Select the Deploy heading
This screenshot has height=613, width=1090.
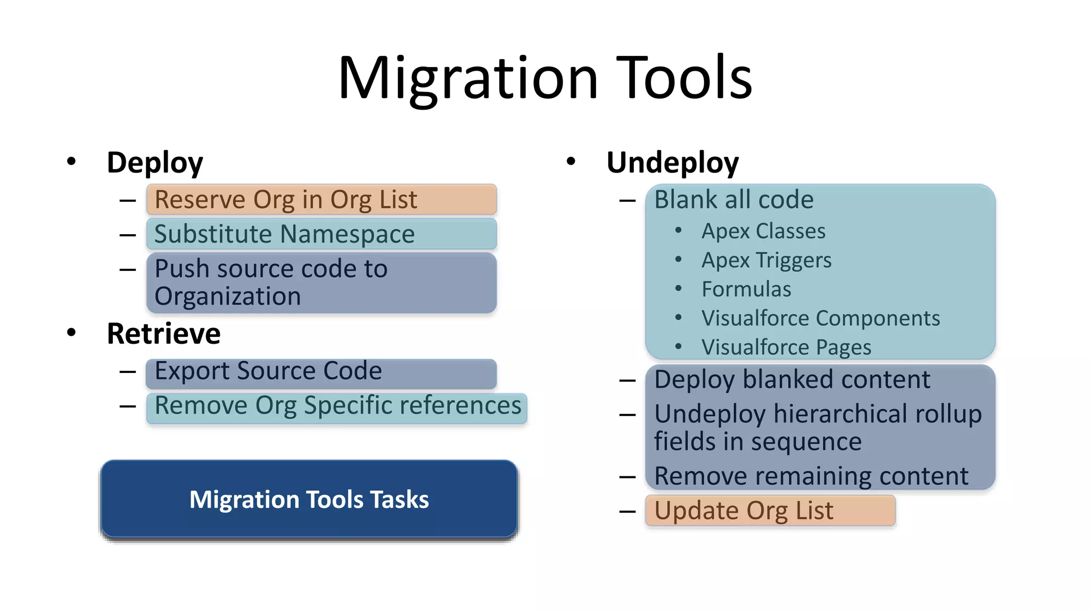[x=154, y=162]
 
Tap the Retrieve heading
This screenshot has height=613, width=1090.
[x=163, y=334]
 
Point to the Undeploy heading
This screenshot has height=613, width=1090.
[x=672, y=162]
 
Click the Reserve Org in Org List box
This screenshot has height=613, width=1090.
[x=321, y=200]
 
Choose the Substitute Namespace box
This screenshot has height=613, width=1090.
[x=321, y=234]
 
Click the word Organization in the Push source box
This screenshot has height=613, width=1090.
[x=227, y=296]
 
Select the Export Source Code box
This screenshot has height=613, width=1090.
[x=321, y=371]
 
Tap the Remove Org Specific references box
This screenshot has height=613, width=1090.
[x=337, y=406]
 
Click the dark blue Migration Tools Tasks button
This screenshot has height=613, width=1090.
[x=309, y=499]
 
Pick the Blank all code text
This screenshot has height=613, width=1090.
[x=733, y=200]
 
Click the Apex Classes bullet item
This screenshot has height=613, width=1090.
[x=763, y=231]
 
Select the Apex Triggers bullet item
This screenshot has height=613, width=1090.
[x=766, y=260]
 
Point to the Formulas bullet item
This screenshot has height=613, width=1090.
[x=746, y=289]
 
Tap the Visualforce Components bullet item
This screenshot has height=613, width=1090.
[x=820, y=318]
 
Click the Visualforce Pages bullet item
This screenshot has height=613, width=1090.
[x=786, y=347]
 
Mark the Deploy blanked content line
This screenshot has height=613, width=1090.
[x=792, y=379]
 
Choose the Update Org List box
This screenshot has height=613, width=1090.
[x=770, y=510]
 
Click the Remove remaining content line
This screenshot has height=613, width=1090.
[x=811, y=476]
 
